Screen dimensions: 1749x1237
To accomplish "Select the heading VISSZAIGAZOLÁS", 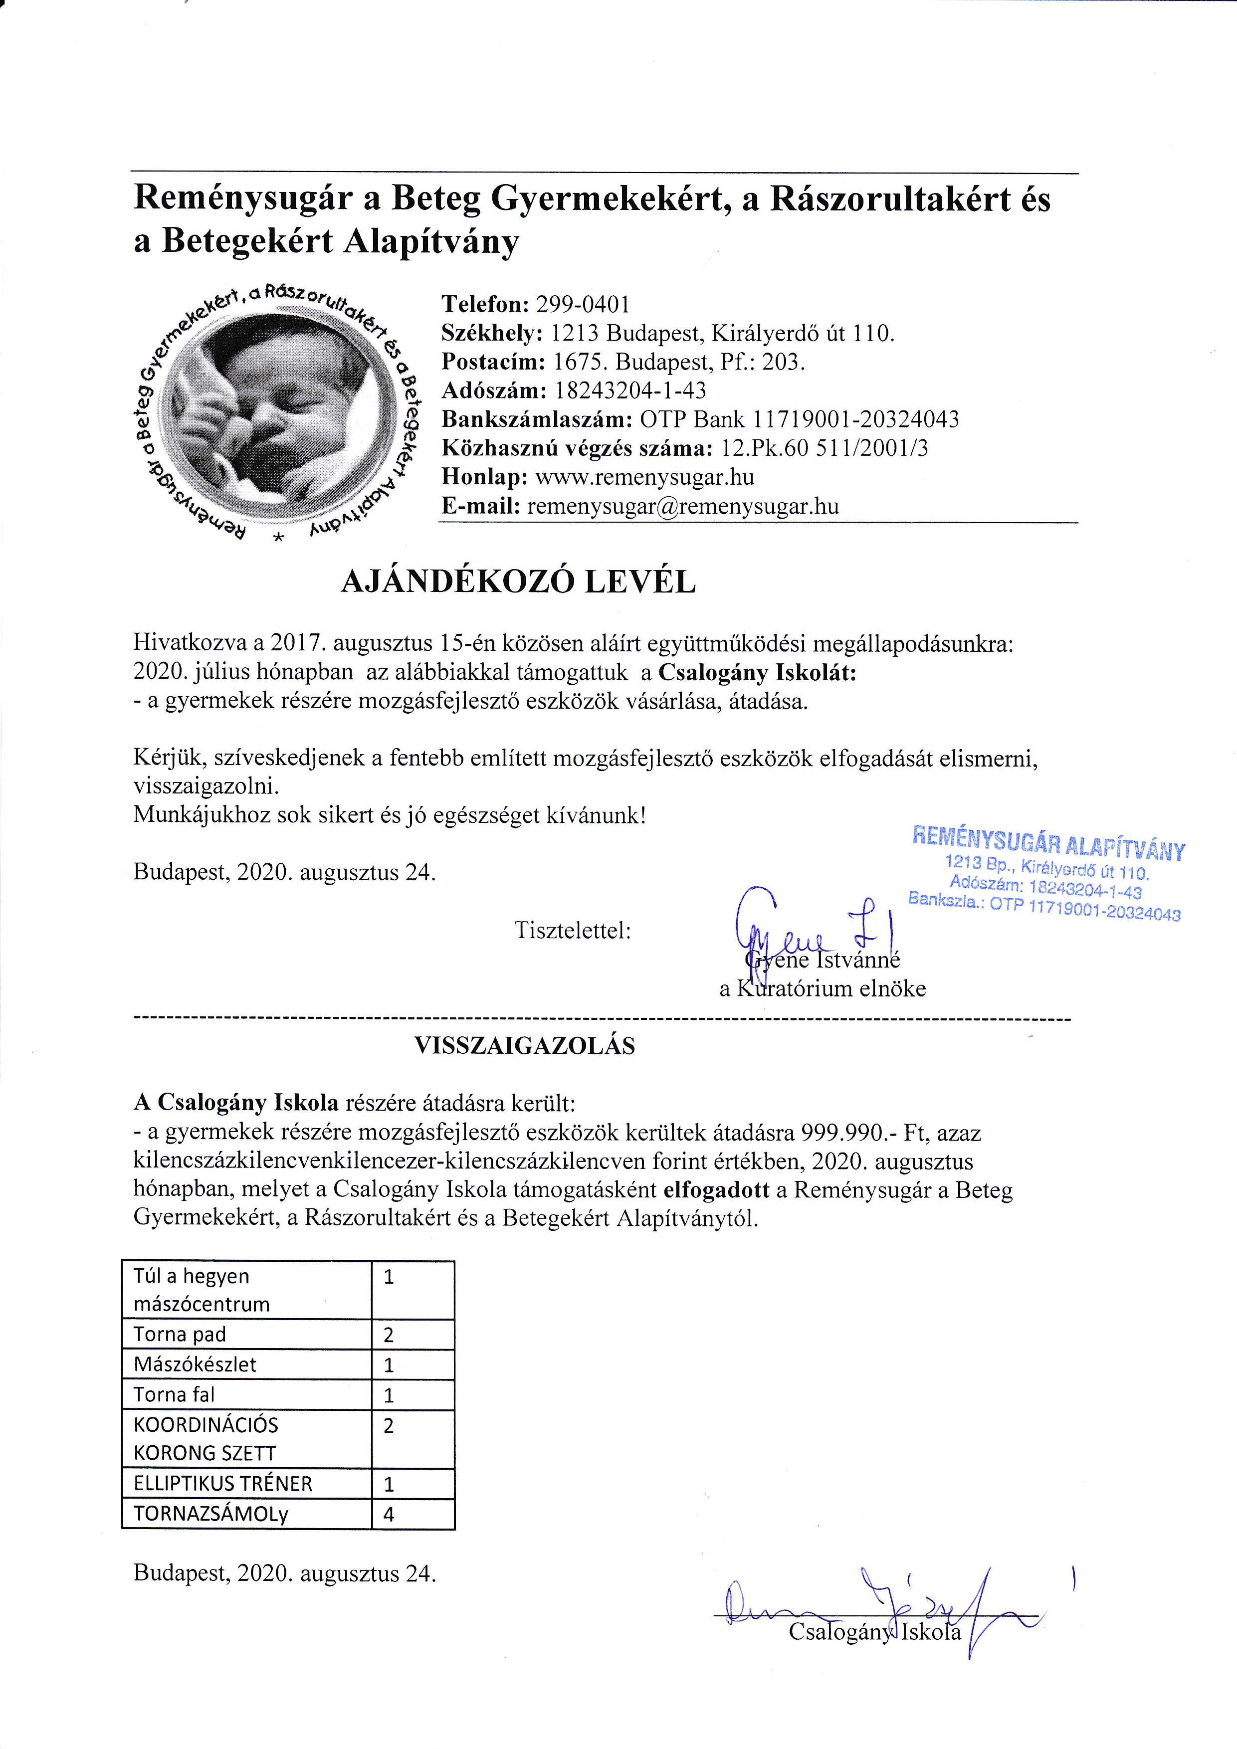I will pyautogui.click(x=524, y=1045).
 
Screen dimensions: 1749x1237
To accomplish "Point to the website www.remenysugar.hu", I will pyautogui.click(x=644, y=478).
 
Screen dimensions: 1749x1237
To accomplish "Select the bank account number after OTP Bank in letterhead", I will pyautogui.click(x=855, y=420).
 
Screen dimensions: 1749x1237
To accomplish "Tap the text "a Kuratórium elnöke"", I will pyautogui.click(x=823, y=989).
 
